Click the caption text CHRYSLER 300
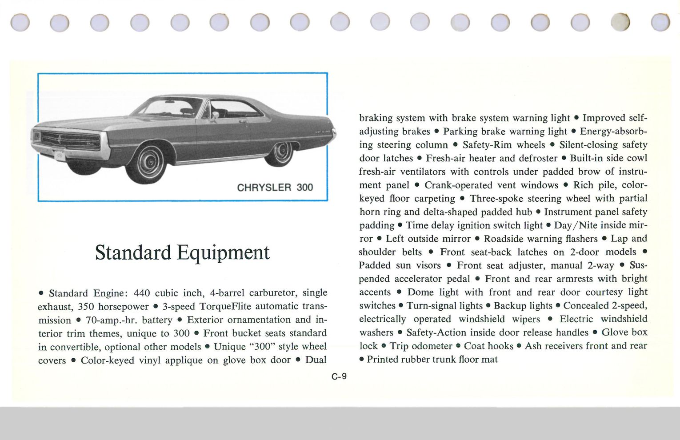[x=275, y=187]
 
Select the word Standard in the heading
[x=133, y=252]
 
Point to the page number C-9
[x=339, y=376]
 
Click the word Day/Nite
[x=576, y=225]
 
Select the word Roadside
[x=503, y=239]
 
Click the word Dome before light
[x=420, y=292]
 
